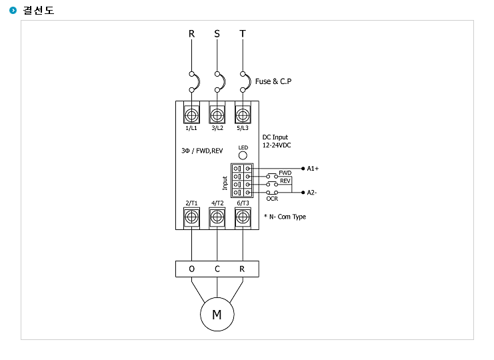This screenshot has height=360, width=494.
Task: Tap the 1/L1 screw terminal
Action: (191, 115)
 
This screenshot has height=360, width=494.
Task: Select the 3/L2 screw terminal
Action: (217, 115)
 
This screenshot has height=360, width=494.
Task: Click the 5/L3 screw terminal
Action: (243, 115)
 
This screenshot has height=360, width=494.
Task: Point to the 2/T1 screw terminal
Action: (191, 217)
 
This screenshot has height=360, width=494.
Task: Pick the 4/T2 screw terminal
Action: (217, 217)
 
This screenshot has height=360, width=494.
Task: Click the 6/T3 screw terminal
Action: (243, 217)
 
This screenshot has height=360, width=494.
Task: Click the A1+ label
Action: (313, 169)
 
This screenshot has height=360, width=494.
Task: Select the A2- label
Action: (312, 193)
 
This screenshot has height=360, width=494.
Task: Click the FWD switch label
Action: (285, 173)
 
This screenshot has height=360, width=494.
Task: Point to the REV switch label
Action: (285, 181)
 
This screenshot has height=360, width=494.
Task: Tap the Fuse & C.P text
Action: (273, 81)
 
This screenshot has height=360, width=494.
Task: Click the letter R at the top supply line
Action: (191, 34)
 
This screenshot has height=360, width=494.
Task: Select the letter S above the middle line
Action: (217, 34)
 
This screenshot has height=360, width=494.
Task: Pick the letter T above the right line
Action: (243, 34)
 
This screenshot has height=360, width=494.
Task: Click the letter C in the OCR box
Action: (217, 269)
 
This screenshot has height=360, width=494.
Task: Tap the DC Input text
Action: (275, 137)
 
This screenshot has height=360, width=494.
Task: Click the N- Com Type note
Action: (285, 217)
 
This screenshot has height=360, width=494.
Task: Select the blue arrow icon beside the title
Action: (13, 11)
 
